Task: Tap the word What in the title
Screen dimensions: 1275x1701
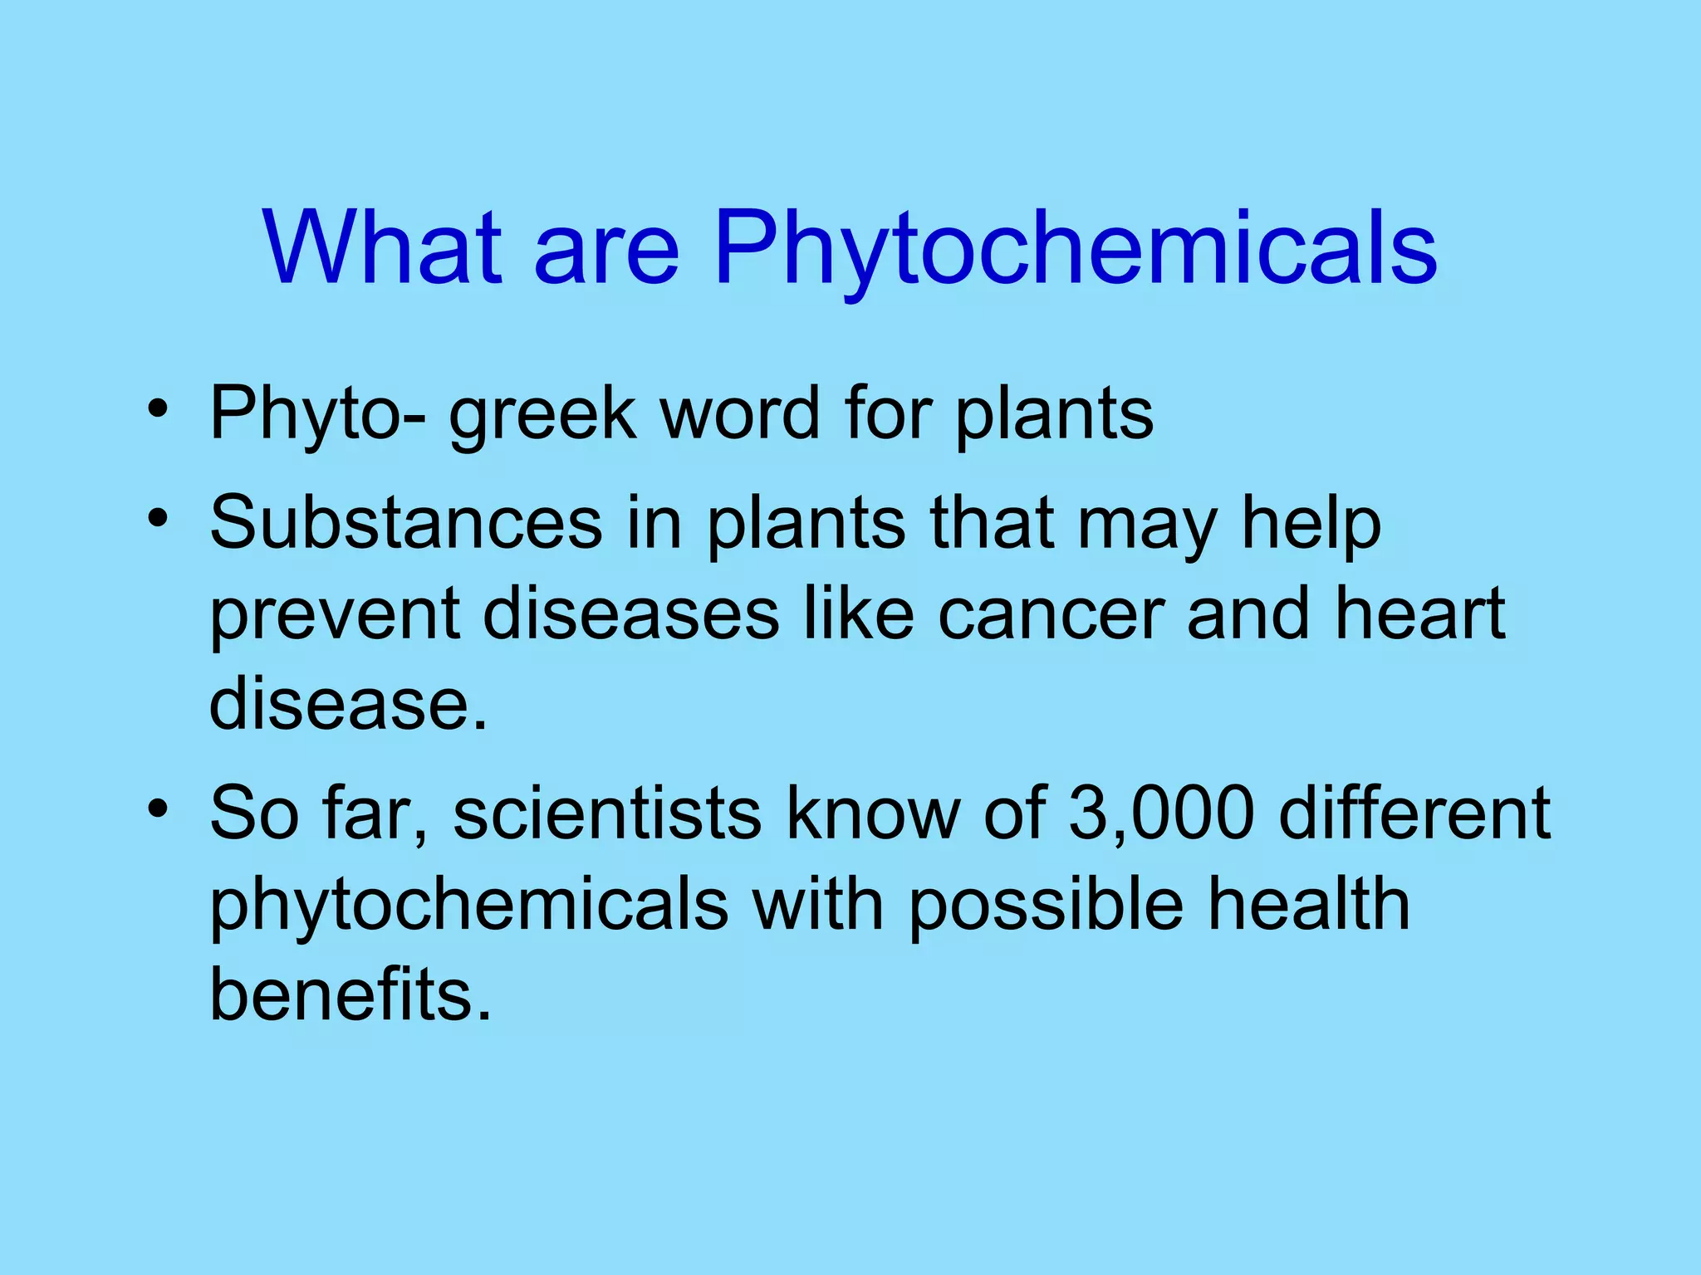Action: pyautogui.click(x=383, y=247)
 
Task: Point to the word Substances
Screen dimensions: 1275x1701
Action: pyautogui.click(x=406, y=523)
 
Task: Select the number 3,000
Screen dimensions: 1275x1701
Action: pyautogui.click(x=1161, y=813)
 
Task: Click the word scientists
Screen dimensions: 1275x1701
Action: pyautogui.click(x=607, y=813)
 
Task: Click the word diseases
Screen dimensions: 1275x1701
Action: pyautogui.click(x=631, y=614)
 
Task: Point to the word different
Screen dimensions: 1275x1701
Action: pyautogui.click(x=1414, y=813)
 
